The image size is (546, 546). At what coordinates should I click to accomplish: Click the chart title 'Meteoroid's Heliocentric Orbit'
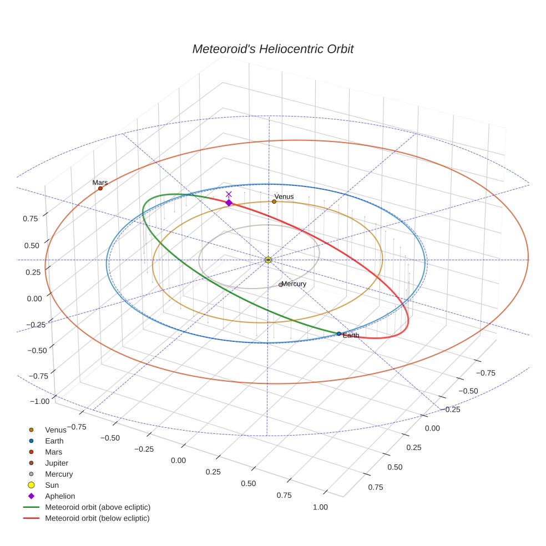tap(272, 49)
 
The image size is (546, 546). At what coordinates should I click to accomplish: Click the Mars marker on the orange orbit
tap(100, 189)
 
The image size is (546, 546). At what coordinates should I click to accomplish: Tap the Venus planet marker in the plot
tap(274, 201)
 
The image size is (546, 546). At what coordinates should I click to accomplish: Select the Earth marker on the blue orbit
tap(339, 333)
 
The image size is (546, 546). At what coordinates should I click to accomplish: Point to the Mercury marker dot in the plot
tap(281, 285)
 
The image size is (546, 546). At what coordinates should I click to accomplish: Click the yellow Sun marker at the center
tap(268, 260)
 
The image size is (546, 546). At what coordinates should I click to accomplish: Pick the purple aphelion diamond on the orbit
tap(229, 203)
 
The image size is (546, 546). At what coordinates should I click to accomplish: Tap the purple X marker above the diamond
tap(229, 194)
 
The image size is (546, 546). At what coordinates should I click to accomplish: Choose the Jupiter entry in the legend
tap(57, 463)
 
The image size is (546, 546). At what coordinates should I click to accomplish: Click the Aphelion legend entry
tap(59, 496)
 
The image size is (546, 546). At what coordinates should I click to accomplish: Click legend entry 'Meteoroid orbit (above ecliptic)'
tap(97, 507)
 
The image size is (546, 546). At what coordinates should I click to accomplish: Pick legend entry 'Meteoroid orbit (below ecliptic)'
tap(97, 518)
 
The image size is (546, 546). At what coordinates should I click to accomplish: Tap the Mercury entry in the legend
tap(59, 474)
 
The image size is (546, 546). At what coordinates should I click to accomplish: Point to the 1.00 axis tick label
tap(321, 507)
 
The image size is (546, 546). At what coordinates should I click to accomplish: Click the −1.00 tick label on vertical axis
tap(39, 401)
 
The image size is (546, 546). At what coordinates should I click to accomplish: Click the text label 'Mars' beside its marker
tap(100, 183)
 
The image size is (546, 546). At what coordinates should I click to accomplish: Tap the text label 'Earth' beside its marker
tap(351, 336)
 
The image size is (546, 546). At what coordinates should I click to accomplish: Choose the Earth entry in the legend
tap(54, 441)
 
